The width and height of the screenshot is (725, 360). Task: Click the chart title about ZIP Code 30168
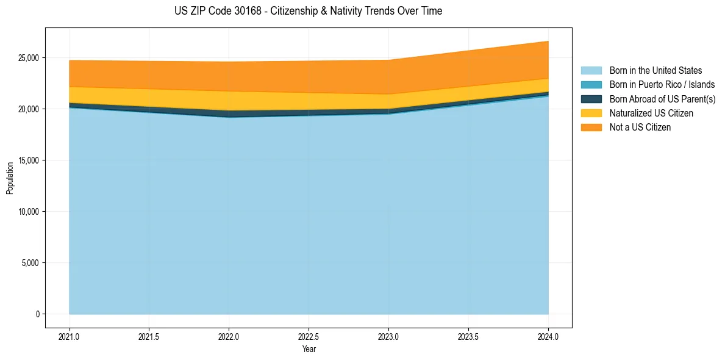(308, 11)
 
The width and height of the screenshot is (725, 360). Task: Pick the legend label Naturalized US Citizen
(651, 113)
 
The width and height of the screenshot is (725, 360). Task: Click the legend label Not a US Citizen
(640, 128)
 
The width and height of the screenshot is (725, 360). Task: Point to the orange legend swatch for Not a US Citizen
(591, 128)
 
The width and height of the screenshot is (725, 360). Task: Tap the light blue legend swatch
(591, 71)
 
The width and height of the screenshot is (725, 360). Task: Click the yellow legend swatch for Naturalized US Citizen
(591, 113)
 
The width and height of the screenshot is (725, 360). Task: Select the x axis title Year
(309, 349)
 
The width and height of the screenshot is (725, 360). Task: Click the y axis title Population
(10, 178)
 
